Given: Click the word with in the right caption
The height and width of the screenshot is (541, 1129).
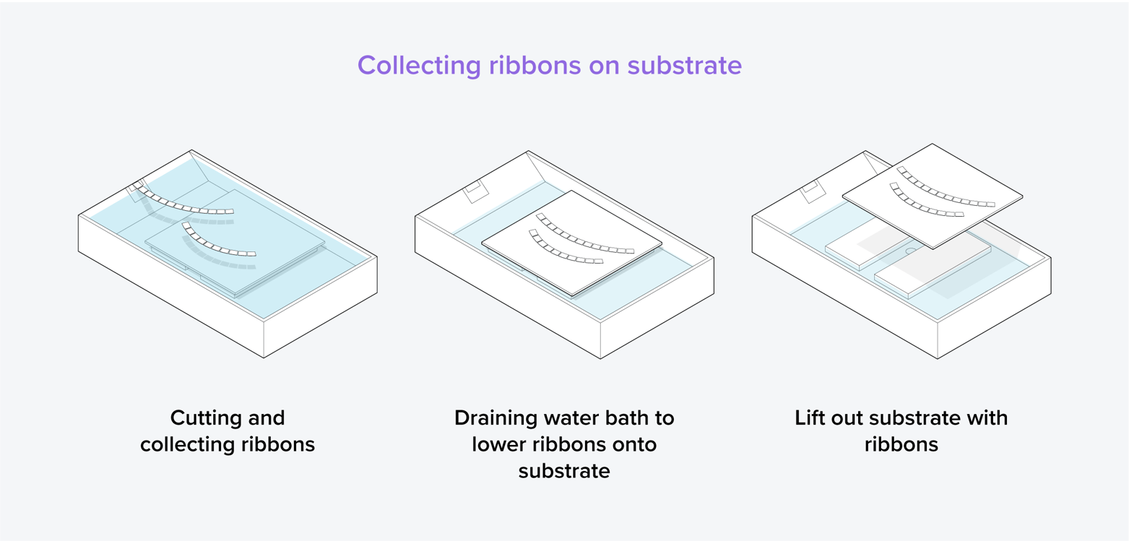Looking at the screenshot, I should (x=987, y=417).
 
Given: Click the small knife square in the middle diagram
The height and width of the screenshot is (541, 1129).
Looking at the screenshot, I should (x=476, y=191).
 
